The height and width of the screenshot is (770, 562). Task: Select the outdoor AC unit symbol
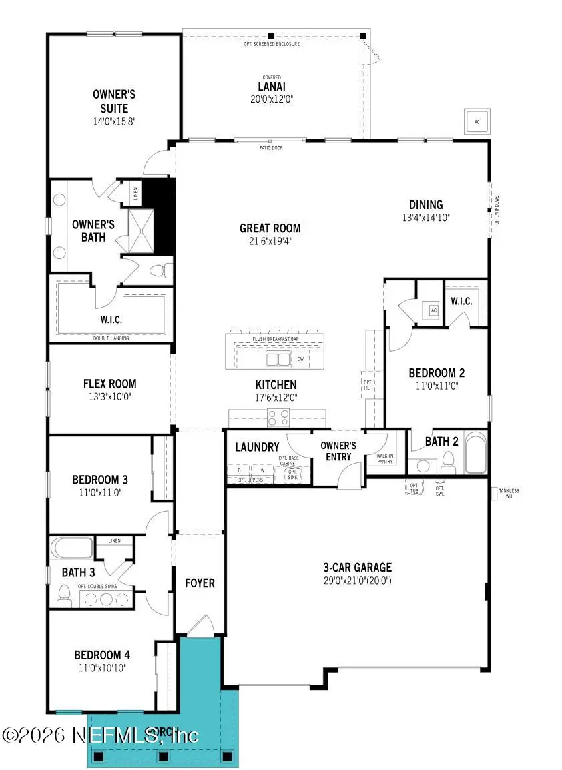point(477,122)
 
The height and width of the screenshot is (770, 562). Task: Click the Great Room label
point(270,228)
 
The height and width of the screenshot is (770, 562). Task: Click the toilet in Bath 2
point(448,460)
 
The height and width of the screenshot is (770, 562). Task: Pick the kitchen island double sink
point(278,360)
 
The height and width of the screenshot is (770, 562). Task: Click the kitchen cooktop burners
point(278,418)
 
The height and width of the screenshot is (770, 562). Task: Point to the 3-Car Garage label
point(357,568)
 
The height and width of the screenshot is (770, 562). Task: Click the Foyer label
point(200,583)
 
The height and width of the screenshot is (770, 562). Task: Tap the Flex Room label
point(109,384)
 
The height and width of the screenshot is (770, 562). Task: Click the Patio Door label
point(271,147)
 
